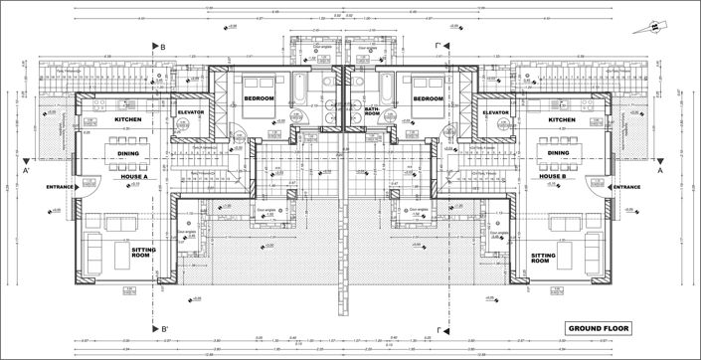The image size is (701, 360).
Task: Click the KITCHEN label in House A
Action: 129,120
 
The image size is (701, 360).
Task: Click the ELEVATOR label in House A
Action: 191,113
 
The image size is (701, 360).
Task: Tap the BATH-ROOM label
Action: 373,110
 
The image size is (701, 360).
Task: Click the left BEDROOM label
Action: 260,99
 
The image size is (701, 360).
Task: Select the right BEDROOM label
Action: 428,99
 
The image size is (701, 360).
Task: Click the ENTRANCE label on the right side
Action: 626,187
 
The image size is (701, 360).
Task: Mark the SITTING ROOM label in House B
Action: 548,259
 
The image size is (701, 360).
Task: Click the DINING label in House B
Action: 552,153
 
